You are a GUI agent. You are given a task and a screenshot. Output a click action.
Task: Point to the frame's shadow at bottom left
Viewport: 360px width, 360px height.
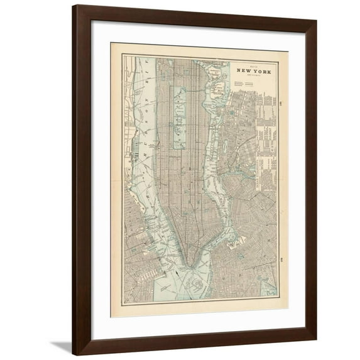click(62, 346)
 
